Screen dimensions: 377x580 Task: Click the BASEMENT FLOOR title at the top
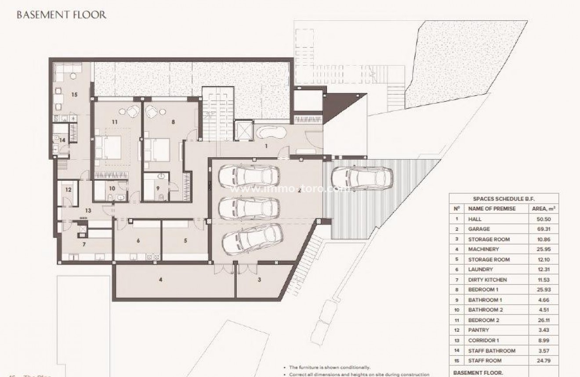click(x=61, y=14)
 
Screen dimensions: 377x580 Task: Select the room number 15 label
click(x=74, y=94)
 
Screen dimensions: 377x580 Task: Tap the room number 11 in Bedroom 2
click(x=115, y=123)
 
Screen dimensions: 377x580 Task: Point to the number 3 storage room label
click(x=260, y=279)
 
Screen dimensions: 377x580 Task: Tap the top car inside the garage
click(x=249, y=176)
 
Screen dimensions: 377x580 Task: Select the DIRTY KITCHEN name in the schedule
click(x=487, y=280)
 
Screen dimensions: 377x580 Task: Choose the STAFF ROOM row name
click(x=484, y=361)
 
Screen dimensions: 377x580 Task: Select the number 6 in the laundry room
click(x=138, y=241)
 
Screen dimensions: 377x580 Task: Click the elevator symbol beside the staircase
click(x=242, y=130)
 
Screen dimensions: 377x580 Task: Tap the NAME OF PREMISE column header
click(x=492, y=208)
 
